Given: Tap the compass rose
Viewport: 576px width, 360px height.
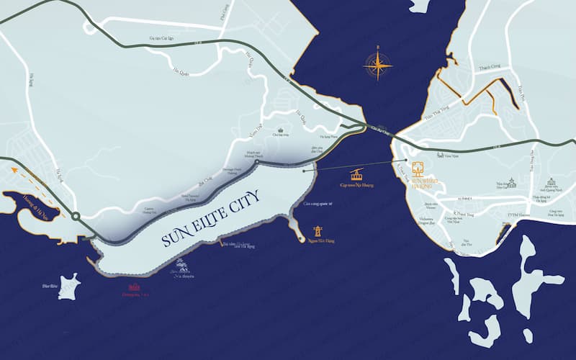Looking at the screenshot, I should [x=378, y=66].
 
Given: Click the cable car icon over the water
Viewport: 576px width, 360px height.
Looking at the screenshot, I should [x=356, y=174].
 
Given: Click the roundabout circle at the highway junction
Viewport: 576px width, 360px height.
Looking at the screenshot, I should [x=75, y=215].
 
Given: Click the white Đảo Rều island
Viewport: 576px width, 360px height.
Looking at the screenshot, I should [x=69, y=286].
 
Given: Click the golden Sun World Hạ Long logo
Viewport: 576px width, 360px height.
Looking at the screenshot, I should [x=418, y=170].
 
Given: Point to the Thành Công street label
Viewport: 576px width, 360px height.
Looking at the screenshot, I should [x=490, y=70].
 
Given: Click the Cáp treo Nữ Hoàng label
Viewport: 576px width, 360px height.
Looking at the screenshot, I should [x=356, y=185].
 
